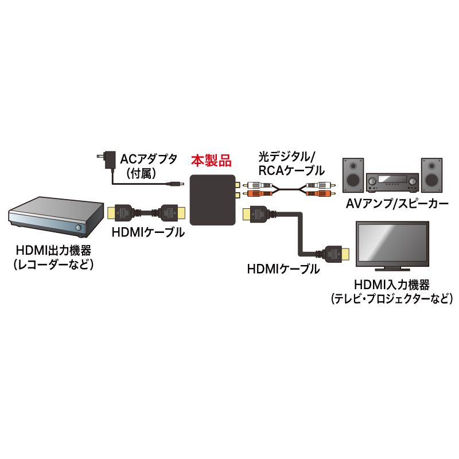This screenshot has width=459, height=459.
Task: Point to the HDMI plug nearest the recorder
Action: coord(121,212)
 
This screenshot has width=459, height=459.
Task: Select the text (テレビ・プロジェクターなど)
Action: coord(392,299)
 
